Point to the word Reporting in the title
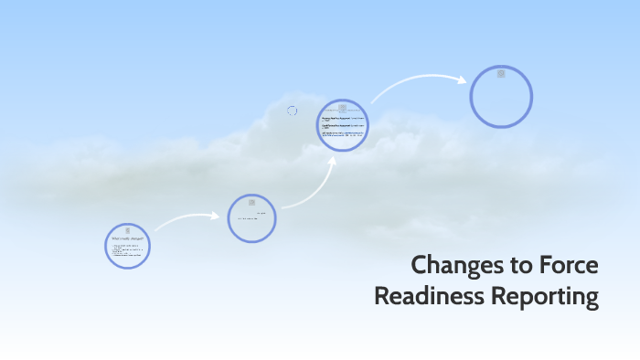tap(547, 297)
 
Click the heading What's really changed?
tap(127, 238)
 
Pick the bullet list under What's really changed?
tap(127, 251)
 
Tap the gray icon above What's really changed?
tap(128, 228)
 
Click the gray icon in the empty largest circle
tap(501, 74)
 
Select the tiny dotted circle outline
tap(292, 111)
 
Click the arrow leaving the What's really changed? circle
tap(187, 218)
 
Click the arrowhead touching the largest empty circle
tap(463, 79)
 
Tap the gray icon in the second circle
tap(251, 203)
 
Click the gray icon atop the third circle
tap(343, 108)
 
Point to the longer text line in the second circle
tap(248, 219)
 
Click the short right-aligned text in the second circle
tap(261, 213)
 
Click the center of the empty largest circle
tap(501, 96)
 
